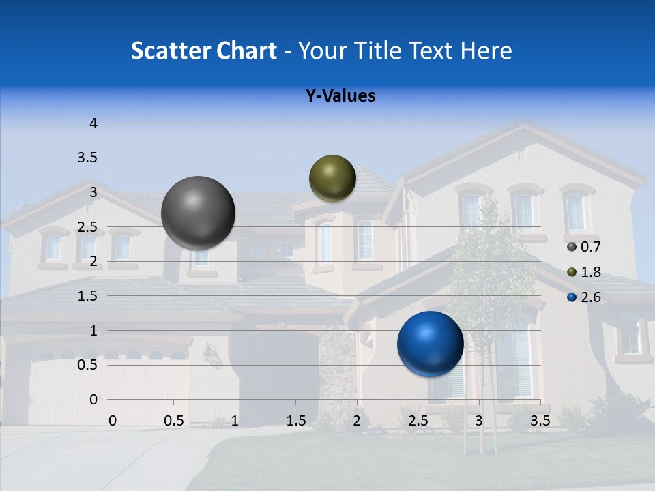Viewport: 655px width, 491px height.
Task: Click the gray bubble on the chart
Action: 199,213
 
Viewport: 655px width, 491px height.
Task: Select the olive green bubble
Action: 332,178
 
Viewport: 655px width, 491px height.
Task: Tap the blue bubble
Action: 430,344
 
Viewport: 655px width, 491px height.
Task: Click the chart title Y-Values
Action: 340,96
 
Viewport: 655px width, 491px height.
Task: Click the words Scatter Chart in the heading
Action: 203,50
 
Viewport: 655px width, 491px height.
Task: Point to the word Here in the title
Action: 486,50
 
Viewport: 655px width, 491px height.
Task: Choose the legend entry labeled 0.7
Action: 583,247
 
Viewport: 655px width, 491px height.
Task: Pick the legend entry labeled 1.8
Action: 583,272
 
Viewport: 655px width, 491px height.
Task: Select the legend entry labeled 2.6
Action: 583,297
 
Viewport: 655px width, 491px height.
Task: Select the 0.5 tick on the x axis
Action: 174,421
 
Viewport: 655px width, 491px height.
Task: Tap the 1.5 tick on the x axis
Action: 296,421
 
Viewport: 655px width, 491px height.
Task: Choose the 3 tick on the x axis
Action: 479,421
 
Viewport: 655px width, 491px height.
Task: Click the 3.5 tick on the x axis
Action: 540,421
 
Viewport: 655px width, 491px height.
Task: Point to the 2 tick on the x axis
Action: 357,421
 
